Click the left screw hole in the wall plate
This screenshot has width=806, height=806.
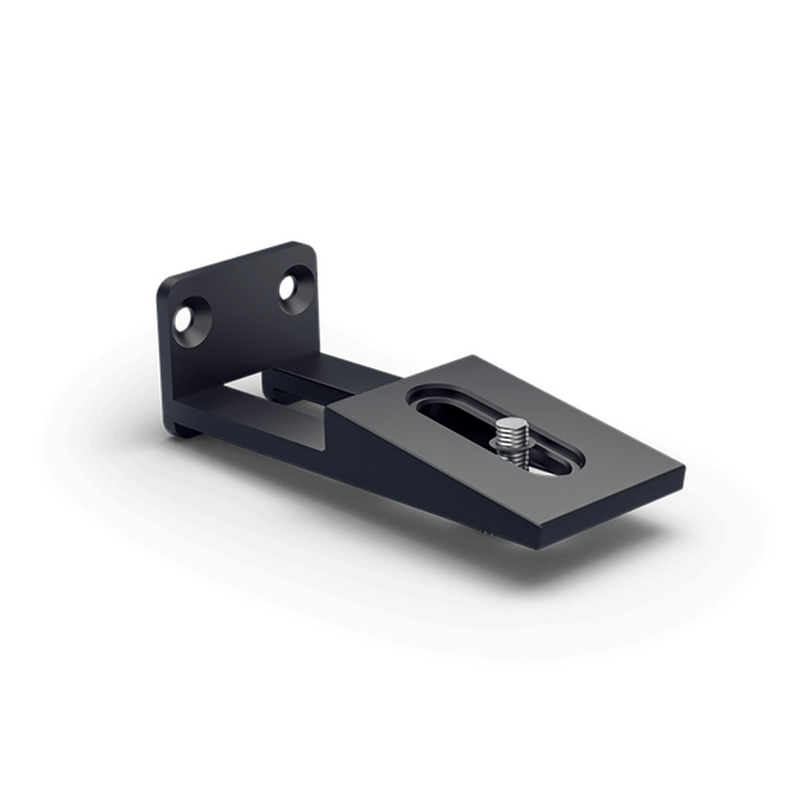point(188,317)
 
